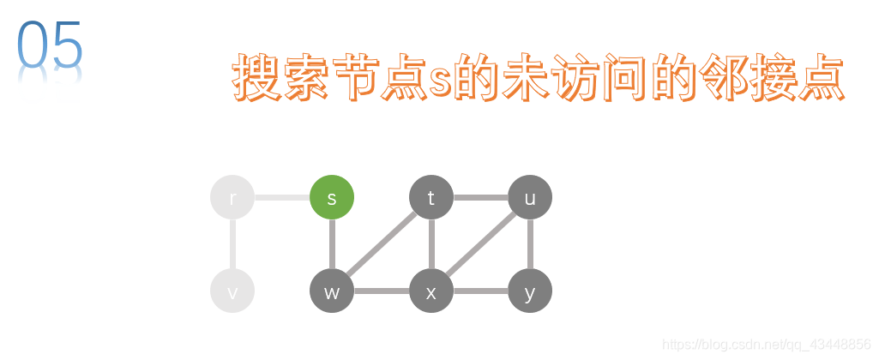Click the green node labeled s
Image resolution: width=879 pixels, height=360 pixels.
[x=332, y=197]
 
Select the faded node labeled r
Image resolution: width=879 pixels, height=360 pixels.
[x=232, y=197]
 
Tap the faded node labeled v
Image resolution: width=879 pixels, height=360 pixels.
[x=232, y=291]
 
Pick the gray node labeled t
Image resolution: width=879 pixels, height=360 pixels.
[x=431, y=197]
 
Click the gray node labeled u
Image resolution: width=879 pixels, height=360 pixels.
[x=530, y=197]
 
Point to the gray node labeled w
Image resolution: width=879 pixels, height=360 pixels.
[x=332, y=291]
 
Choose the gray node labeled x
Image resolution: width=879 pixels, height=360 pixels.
[x=431, y=291]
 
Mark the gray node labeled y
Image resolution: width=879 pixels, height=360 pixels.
[x=530, y=291]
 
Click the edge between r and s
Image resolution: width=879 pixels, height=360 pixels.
[x=282, y=198]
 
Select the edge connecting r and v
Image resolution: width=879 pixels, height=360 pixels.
[x=232, y=244]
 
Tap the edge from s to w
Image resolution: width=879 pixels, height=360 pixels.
[x=332, y=244]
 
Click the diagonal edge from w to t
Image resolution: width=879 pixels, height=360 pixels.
[x=382, y=244]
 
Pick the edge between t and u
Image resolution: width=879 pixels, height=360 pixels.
[x=480, y=198]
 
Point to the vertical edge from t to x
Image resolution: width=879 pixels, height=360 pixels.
[x=431, y=244]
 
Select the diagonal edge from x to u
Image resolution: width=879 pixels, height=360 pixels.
[x=480, y=244]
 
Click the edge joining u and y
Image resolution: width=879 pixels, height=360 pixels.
[x=530, y=244]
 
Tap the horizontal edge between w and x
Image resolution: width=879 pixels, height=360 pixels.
[x=382, y=291]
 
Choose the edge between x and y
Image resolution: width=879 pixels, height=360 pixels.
[x=480, y=291]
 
